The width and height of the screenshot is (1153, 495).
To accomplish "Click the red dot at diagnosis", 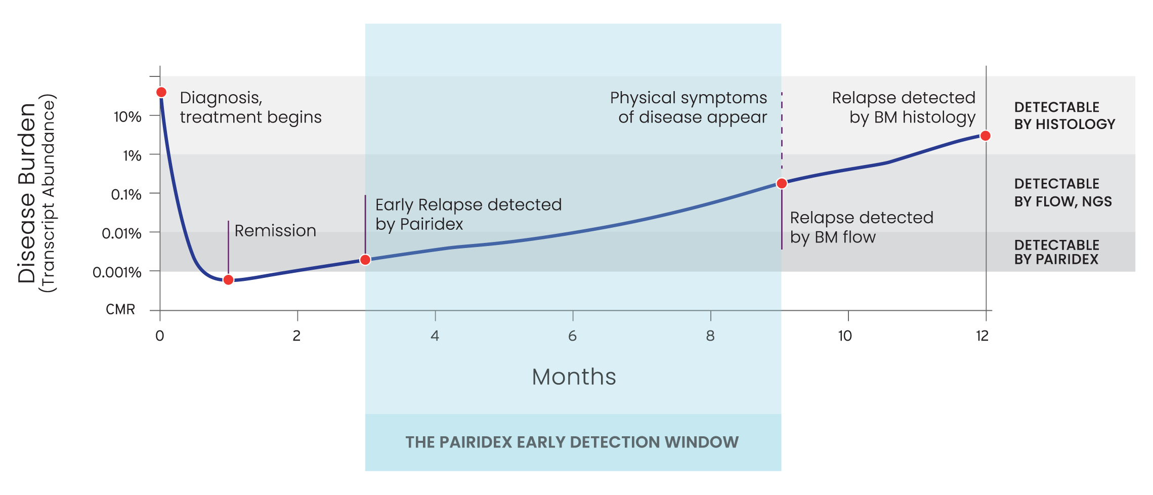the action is click(x=161, y=92).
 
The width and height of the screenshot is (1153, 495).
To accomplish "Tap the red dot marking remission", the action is click(x=228, y=280).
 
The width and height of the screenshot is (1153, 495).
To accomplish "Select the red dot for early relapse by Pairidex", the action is click(x=365, y=260).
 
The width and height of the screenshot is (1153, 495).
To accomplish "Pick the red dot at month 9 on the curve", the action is click(x=782, y=183).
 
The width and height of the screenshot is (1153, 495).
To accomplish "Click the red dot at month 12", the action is click(x=986, y=136).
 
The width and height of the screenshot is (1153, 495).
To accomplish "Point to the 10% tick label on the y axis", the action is click(x=127, y=117).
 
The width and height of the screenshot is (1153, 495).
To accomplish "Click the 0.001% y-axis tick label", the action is click(x=117, y=272).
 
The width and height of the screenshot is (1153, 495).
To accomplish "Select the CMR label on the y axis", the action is click(x=120, y=309).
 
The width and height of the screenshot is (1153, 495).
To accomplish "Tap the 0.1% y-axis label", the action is click(x=126, y=194).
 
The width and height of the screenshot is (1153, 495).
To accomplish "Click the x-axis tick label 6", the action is click(x=573, y=336).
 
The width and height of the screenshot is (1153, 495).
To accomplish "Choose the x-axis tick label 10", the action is click(x=845, y=336).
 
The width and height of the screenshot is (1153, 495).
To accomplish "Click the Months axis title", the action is click(x=574, y=377).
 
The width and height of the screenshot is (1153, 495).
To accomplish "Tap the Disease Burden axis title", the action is click(x=27, y=193).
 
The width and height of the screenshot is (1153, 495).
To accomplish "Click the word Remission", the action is click(x=275, y=231).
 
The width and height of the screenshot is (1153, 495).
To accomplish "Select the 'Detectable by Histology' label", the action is click(x=1064, y=115).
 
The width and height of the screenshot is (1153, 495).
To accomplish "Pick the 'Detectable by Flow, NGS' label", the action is click(x=1063, y=193).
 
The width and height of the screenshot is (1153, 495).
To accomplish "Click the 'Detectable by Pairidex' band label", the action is click(x=1057, y=252).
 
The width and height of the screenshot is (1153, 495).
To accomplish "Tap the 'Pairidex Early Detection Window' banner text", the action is click(x=572, y=442).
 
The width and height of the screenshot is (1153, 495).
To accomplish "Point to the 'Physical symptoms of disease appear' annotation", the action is click(x=689, y=107).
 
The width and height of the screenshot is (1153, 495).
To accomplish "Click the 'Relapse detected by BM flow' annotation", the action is click(x=862, y=227).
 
